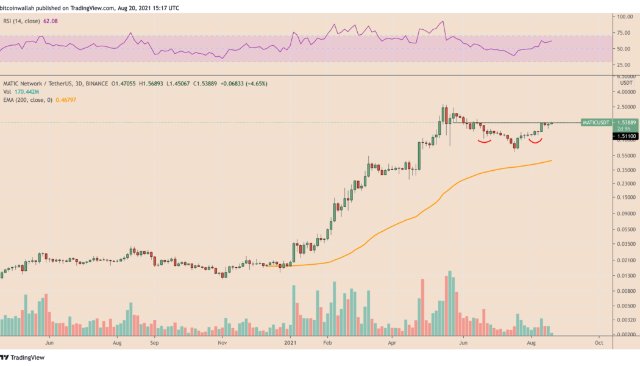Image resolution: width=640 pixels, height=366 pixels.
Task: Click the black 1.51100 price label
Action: pyautogui.click(x=625, y=136)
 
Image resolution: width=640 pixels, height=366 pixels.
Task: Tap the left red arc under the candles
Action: pyautogui.click(x=485, y=142)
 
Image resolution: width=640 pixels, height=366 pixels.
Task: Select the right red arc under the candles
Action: pyautogui.click(x=535, y=142)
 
